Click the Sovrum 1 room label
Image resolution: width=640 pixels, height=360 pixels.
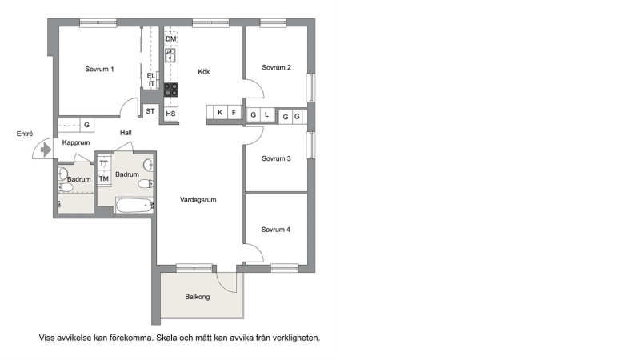coord(99,69)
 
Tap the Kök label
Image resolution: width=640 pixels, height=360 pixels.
coord(204,71)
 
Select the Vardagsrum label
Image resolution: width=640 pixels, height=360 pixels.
coord(198,199)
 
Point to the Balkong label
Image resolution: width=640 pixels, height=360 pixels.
coord(198,297)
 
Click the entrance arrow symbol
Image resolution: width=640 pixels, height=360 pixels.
coord(46,150)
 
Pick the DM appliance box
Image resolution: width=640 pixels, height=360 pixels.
coord(171,38)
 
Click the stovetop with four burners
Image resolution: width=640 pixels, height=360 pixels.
coord(171,90)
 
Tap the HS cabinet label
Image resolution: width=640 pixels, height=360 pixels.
coord(170,114)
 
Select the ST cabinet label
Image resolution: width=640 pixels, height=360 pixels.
coord(150,111)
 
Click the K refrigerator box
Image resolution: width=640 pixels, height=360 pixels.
coord(220,112)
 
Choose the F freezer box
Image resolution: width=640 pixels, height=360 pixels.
coord(234,112)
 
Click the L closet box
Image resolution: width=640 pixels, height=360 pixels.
coord(267,114)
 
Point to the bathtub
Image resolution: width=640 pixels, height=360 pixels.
coord(134,205)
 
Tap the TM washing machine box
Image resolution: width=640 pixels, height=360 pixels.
coord(104,178)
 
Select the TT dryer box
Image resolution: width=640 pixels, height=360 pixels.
coord(104,163)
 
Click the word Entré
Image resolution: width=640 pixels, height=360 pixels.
coord(25,134)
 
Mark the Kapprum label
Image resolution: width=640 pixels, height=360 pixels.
coord(76,142)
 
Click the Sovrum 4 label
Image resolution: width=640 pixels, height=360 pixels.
coord(276,230)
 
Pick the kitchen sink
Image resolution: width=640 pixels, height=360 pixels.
coord(170,55)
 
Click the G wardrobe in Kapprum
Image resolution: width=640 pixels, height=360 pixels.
coord(86,125)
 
